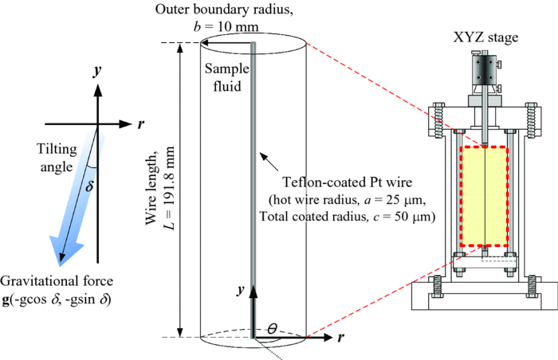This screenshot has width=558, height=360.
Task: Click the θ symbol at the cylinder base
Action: point(273,327)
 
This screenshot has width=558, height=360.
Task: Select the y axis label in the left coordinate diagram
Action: point(96,71)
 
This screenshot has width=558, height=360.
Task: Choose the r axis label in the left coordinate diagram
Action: point(141,124)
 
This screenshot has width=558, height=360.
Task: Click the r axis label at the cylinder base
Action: point(341,338)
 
